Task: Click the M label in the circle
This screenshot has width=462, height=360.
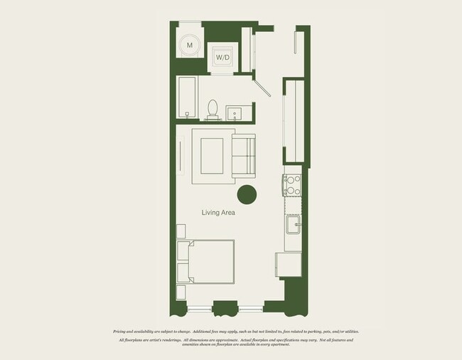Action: (x=189, y=46)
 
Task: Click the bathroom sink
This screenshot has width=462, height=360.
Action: (x=235, y=113)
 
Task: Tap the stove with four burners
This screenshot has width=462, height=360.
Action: (x=293, y=185)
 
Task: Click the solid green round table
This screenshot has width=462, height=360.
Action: (x=247, y=194)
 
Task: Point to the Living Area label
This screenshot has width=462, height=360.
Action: (x=218, y=212)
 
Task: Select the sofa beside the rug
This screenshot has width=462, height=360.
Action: (x=243, y=156)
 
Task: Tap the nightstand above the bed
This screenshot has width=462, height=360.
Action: (x=181, y=231)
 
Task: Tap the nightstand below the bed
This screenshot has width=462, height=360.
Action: (x=181, y=292)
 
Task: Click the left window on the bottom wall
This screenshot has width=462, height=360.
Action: (x=199, y=309)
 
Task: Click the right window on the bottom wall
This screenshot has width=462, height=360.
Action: (x=250, y=309)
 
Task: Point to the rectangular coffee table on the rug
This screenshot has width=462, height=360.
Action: (x=211, y=156)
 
